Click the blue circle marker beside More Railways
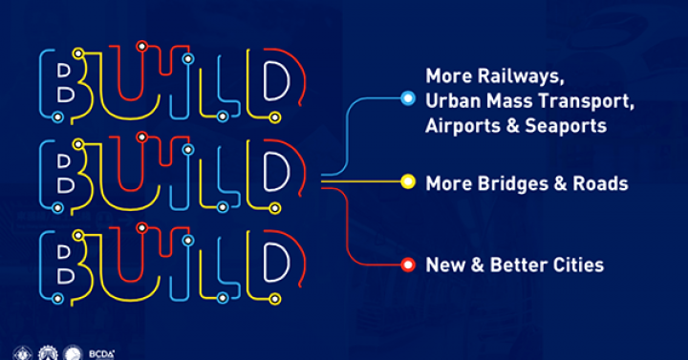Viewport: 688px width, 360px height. [408, 98]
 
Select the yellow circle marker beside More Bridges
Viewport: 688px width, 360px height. [408, 181]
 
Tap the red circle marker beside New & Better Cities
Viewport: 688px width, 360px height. [408, 265]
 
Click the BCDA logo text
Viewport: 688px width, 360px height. [102, 351]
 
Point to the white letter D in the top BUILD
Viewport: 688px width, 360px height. [274, 84]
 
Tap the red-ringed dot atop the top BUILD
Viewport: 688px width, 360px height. [141, 45]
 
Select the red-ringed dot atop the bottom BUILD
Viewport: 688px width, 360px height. [141, 227]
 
